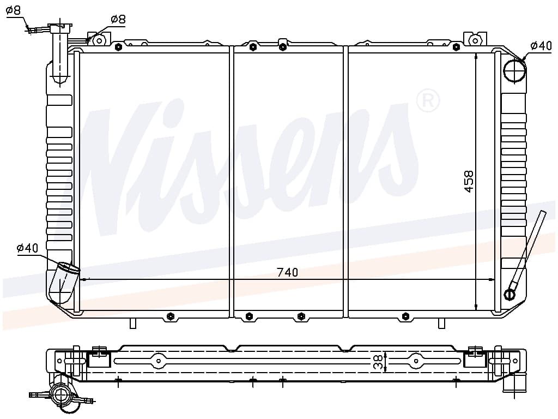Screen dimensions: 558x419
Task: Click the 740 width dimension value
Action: tap(288, 272)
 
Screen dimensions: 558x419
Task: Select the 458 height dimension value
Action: tap(469, 181)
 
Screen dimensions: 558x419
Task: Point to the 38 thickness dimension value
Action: tap(379, 362)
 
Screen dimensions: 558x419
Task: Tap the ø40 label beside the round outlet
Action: tap(541, 46)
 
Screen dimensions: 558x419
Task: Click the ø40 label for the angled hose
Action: tap(27, 248)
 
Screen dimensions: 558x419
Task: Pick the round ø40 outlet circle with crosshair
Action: tap(514, 70)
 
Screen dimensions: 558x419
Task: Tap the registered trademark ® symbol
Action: tap(428, 101)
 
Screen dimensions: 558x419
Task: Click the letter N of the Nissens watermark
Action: tap(118, 167)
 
